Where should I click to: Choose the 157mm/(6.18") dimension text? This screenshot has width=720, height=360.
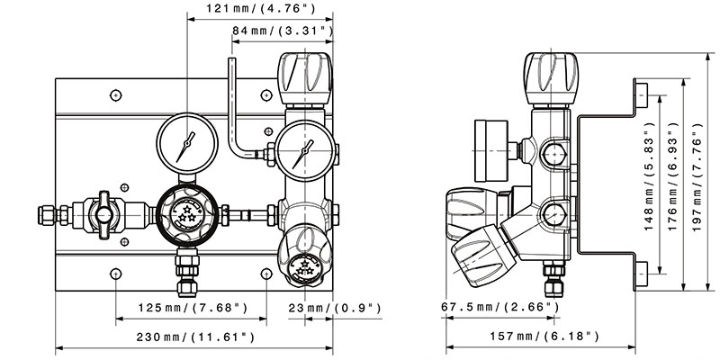[x=546, y=337]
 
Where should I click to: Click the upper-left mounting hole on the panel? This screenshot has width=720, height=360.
[x=117, y=94]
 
